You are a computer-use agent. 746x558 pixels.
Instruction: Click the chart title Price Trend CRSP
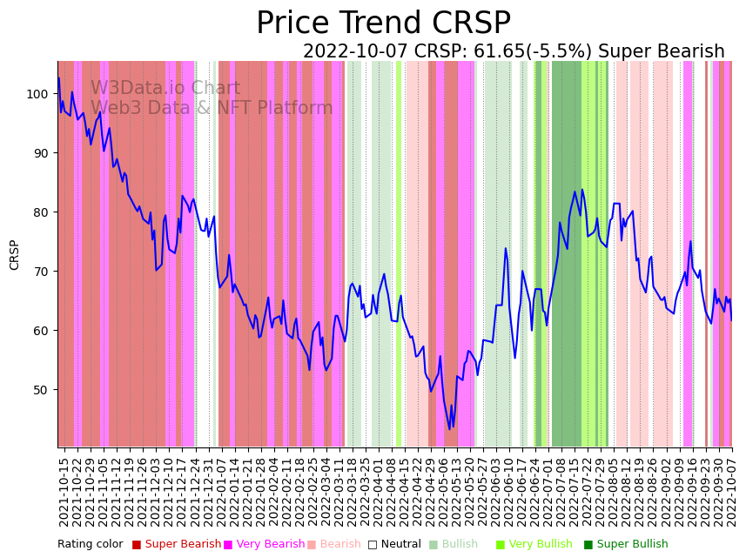point(383,24)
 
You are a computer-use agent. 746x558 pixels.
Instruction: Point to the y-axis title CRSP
point(15,254)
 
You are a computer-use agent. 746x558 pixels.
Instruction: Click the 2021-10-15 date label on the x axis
point(64,492)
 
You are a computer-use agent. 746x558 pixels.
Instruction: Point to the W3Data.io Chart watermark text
point(165,89)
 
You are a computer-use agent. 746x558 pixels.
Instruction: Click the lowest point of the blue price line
point(449,429)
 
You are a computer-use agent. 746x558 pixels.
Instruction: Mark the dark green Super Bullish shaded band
point(567,252)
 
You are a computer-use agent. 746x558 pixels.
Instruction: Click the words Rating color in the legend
point(91,544)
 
